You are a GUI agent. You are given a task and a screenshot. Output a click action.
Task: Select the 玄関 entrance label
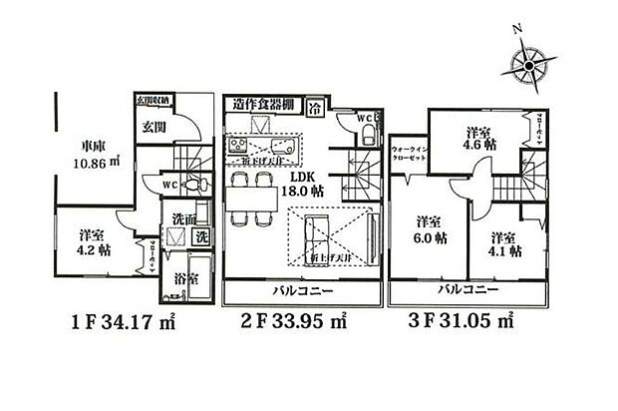point(153,126)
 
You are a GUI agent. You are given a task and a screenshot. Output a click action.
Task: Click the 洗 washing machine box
point(200,237)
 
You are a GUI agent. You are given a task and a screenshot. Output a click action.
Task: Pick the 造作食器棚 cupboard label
point(262,104)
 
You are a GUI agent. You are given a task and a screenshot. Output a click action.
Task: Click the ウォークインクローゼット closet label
point(410,154)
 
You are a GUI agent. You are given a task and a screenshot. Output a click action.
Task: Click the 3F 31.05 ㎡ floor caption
point(463,322)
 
